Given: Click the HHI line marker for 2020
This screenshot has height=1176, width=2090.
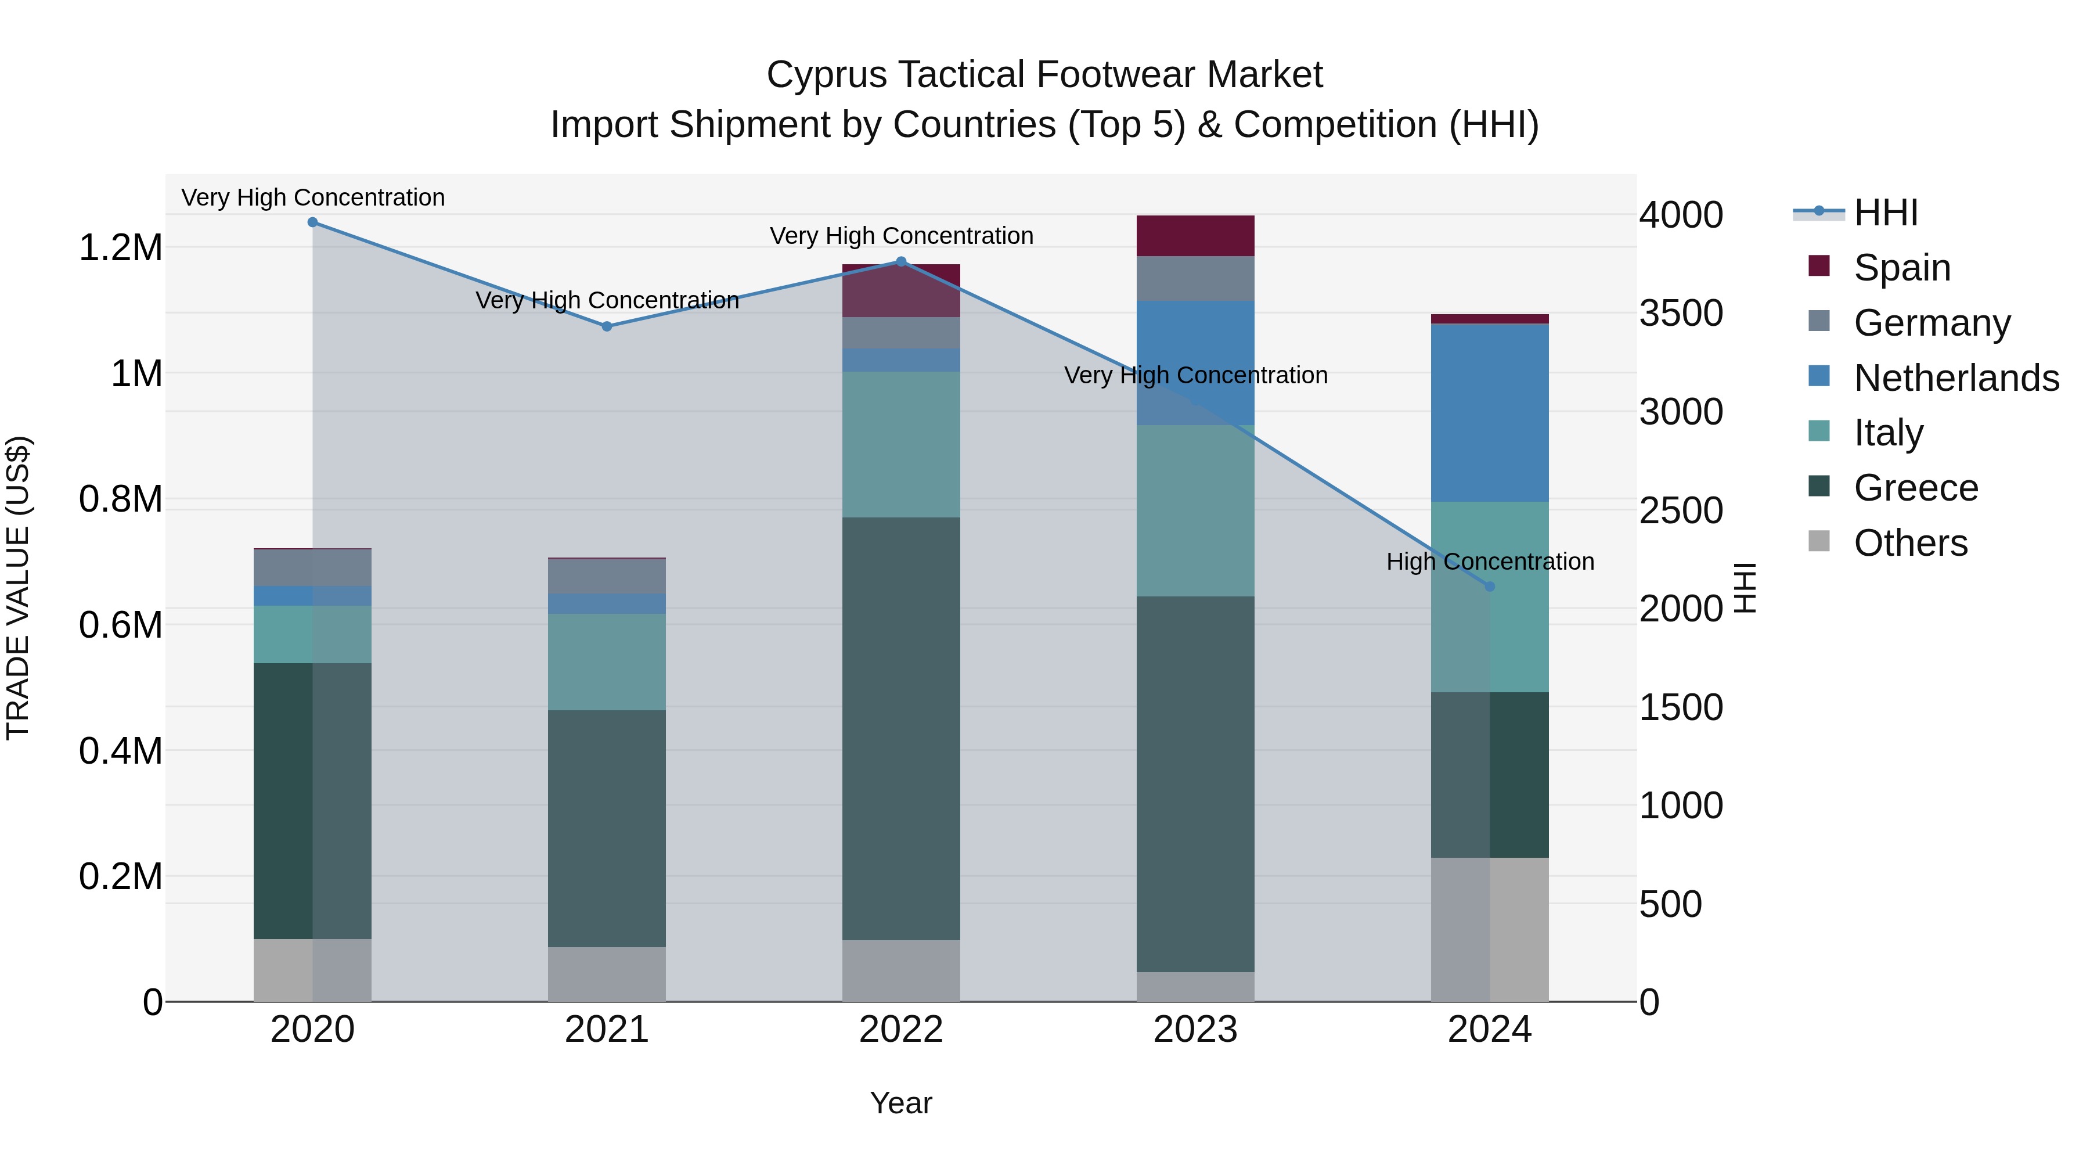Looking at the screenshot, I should tap(312, 222).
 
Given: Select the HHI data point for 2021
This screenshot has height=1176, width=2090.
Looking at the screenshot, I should tap(607, 326).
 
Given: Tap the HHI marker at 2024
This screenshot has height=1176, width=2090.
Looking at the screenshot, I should tap(1490, 586).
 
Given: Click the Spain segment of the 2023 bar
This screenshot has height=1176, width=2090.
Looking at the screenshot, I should tap(1195, 236).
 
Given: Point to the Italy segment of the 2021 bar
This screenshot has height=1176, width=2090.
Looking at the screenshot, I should tap(607, 661).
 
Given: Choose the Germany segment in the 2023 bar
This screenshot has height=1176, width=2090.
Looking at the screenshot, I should tap(1195, 278).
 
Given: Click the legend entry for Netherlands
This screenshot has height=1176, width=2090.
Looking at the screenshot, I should tap(1956, 378).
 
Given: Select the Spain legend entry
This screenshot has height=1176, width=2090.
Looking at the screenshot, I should tap(1902, 268).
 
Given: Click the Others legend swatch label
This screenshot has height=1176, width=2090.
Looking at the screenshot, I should tap(1911, 543).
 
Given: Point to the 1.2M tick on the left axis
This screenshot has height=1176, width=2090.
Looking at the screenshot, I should tap(121, 247).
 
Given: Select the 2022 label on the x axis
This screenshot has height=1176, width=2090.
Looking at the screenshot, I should tap(900, 1030).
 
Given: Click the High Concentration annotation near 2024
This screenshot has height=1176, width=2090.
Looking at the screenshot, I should tap(1490, 562).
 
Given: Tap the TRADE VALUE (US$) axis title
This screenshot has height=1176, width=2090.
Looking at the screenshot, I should tap(18, 588).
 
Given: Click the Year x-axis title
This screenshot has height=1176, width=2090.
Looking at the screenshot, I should tap(900, 1103).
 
